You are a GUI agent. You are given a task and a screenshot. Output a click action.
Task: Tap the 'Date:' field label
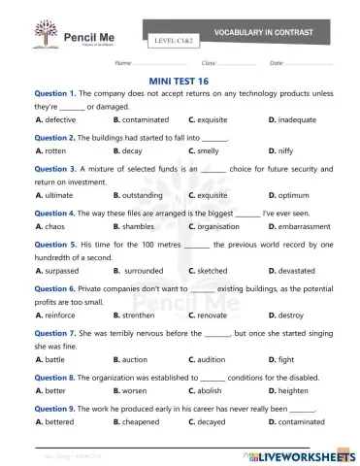pos(277,63)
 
